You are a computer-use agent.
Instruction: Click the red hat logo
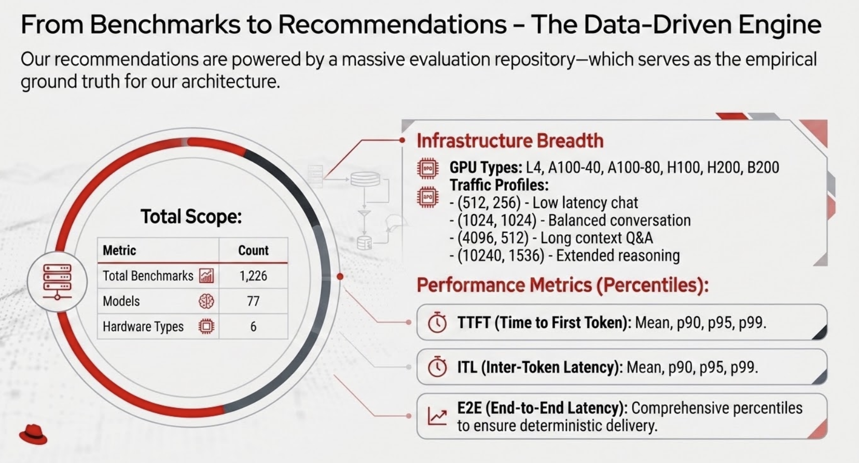click(x=33, y=434)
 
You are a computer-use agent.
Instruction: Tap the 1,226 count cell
click(x=253, y=276)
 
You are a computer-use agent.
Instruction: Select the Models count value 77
click(x=253, y=301)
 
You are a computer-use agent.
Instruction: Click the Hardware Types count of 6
click(x=253, y=326)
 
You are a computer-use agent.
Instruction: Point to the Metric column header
click(x=119, y=251)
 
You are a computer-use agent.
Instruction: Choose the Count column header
click(x=253, y=251)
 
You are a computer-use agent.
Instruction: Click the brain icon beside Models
click(x=206, y=301)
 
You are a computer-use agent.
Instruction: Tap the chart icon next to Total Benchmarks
click(x=206, y=276)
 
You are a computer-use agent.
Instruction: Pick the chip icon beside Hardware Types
click(x=206, y=326)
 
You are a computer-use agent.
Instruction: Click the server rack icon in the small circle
click(x=57, y=281)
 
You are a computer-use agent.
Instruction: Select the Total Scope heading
click(x=191, y=216)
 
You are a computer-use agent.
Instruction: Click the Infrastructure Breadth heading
click(x=510, y=141)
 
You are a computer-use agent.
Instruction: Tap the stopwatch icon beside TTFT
click(x=437, y=322)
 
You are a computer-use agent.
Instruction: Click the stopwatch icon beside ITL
click(x=437, y=367)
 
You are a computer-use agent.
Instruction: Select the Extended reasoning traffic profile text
click(x=618, y=255)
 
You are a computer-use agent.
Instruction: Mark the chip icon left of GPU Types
click(x=427, y=168)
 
